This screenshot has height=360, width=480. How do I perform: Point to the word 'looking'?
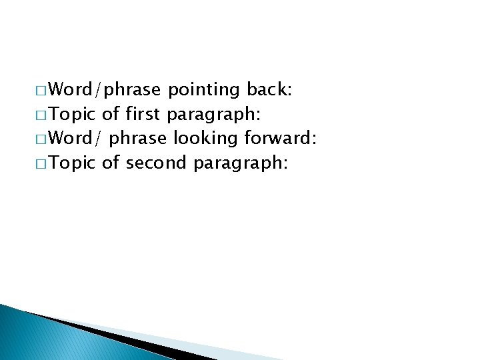206,139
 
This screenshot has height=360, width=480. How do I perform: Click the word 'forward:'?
280,139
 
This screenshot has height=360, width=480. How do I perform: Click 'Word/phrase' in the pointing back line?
105,89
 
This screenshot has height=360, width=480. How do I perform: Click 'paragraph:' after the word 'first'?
213,114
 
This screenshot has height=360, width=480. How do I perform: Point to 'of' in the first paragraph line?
111,114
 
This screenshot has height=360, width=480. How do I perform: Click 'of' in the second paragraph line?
111,163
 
